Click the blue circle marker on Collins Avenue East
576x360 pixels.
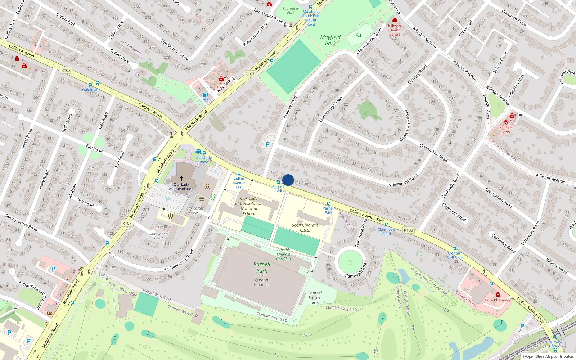[288, 180]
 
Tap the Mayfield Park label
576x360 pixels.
[330, 40]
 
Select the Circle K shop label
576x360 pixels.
[206, 100]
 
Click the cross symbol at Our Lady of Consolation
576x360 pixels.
[181, 179]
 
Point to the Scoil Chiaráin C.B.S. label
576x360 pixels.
[305, 228]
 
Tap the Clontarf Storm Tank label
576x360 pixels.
[314, 298]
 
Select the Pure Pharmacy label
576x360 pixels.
[498, 300]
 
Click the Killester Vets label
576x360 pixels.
[506, 130]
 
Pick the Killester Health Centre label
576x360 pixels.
[395, 30]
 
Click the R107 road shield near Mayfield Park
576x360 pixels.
[250, 74]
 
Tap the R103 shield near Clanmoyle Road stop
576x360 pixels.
[408, 230]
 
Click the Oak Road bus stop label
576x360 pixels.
[90, 90]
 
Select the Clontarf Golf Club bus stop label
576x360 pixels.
[455, 255]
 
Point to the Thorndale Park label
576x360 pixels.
[291, 10]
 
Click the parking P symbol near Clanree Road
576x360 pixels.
[267, 144]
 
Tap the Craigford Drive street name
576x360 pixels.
[514, 18]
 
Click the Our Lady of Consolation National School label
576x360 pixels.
[249, 206]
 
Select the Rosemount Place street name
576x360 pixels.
[255, 35]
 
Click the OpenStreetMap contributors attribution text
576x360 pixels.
[548, 357]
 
